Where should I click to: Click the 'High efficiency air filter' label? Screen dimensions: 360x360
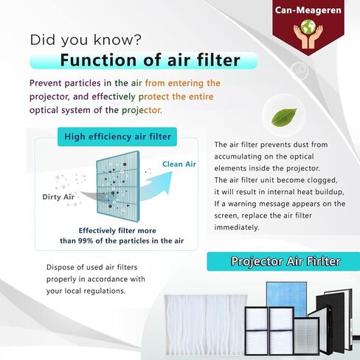click(117, 136)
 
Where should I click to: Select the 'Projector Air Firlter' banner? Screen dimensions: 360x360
click(283, 262)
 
